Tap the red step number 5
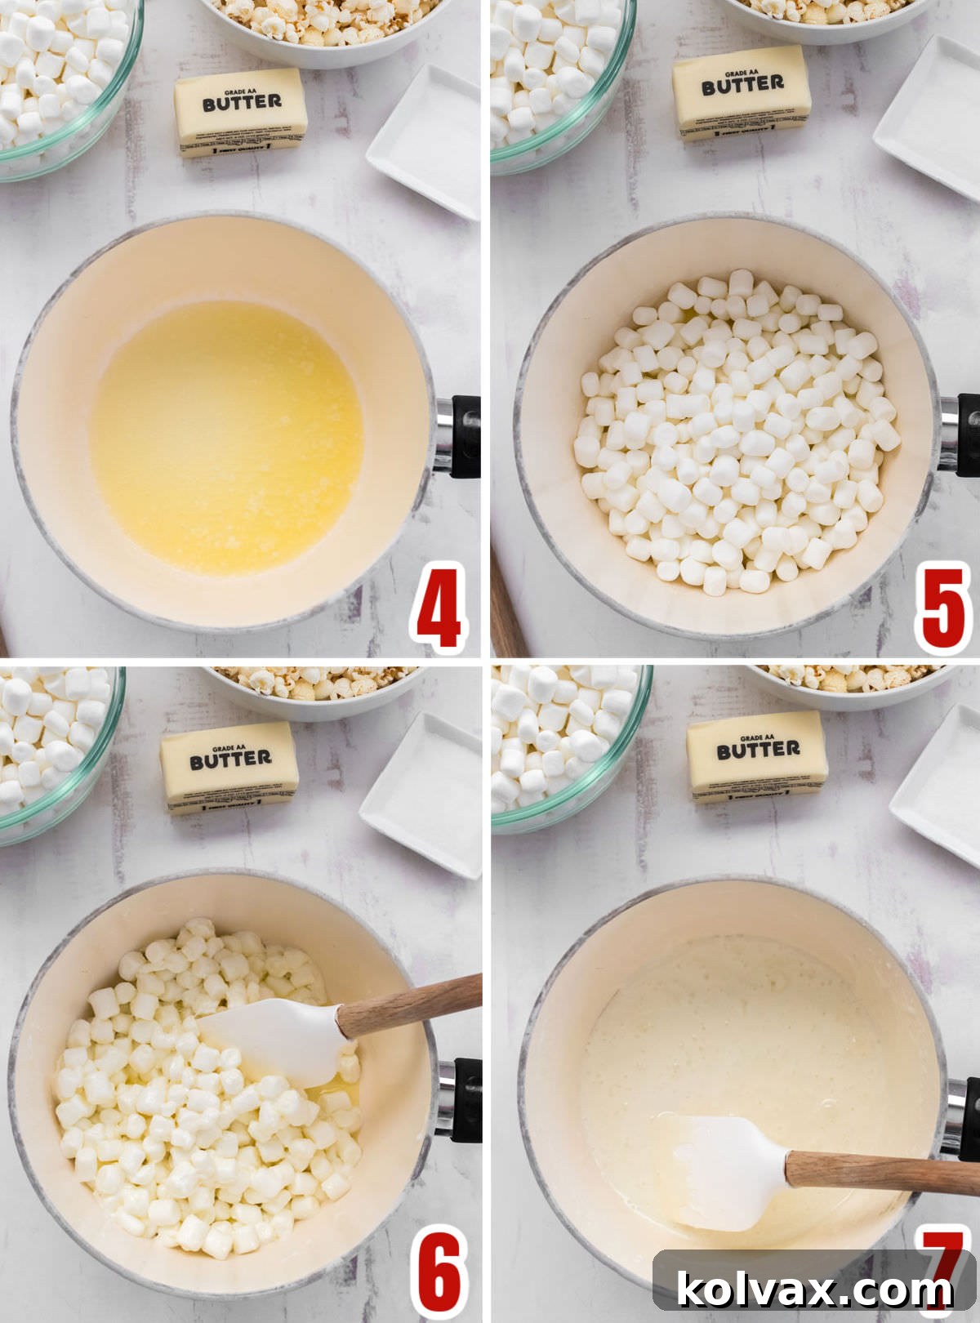point(943,609)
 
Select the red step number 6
point(439,1274)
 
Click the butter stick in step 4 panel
point(241,111)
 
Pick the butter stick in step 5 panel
point(742,91)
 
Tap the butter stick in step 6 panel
point(229,767)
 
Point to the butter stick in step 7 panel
point(757,756)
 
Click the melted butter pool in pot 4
point(226,437)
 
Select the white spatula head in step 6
point(278,1041)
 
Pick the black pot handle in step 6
point(465,1098)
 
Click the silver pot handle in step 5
point(947,433)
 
